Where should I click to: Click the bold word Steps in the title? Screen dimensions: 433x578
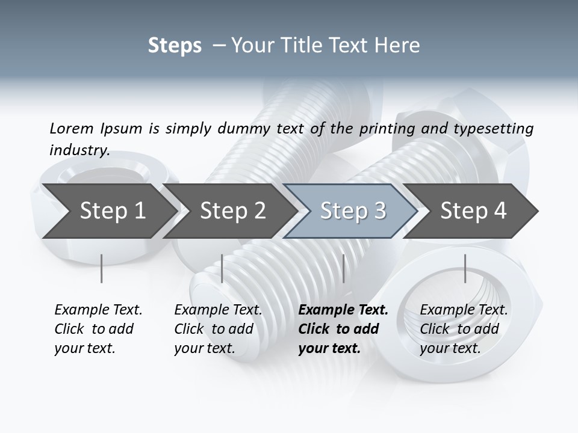tap(175, 46)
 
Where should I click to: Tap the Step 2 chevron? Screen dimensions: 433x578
tap(232, 210)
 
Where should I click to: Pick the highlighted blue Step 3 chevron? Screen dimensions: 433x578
tap(353, 210)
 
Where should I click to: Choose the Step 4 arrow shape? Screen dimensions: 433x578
tap(473, 210)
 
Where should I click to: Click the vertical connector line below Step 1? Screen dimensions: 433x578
tap(102, 268)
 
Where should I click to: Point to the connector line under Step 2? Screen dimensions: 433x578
tap(222, 268)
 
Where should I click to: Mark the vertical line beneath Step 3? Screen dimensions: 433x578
tap(343, 268)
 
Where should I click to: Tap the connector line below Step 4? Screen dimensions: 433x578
tap(465, 268)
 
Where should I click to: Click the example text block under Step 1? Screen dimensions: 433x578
tap(98, 329)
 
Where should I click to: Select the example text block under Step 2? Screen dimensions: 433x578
tap(218, 329)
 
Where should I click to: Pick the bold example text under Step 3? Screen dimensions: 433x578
tap(343, 329)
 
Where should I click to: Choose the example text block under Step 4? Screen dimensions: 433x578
tap(464, 329)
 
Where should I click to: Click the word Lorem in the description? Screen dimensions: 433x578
tap(71, 128)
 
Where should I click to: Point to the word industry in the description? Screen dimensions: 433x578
tap(79, 150)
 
